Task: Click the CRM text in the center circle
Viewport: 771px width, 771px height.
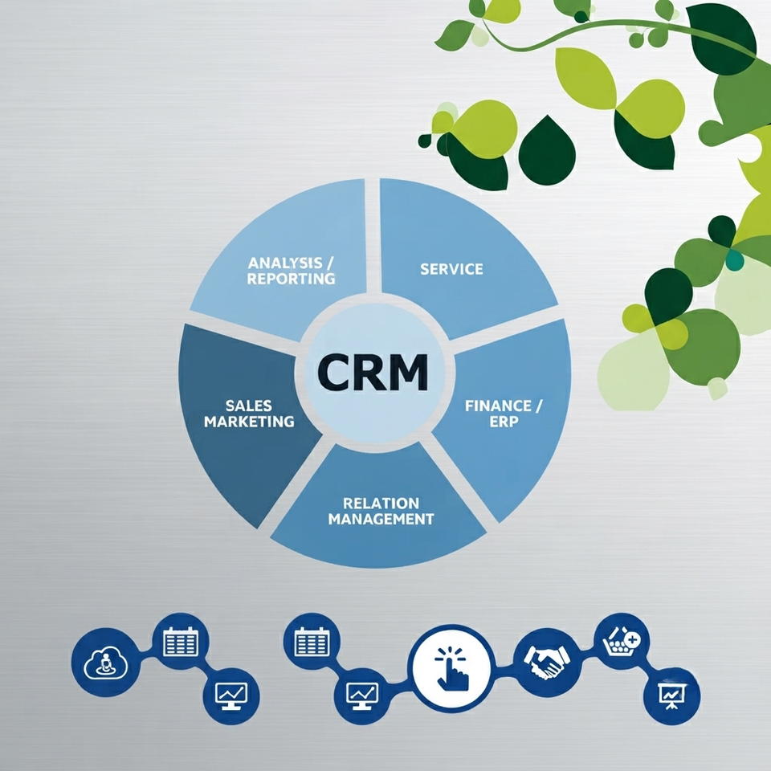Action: tap(372, 372)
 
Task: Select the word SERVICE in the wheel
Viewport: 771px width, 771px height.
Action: tap(451, 269)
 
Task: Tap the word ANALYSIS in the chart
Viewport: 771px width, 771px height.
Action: tap(284, 263)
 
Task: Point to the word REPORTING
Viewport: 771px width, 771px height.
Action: tap(291, 279)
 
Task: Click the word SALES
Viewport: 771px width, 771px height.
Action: tap(249, 406)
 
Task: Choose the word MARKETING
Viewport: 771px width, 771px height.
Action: tap(249, 422)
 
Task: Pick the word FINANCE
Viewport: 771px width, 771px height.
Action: tap(498, 406)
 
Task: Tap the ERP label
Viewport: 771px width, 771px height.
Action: tap(504, 422)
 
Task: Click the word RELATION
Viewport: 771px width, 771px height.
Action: tap(381, 503)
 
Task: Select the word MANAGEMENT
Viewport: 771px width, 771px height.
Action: tap(381, 519)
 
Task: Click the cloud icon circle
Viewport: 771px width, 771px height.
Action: tap(106, 662)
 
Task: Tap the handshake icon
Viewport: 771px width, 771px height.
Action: tap(547, 662)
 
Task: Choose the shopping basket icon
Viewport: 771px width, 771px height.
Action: tap(622, 640)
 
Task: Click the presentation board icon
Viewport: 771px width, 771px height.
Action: tap(671, 696)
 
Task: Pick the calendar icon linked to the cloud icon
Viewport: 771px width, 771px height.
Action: tap(181, 641)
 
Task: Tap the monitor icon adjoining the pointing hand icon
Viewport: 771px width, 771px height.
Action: tap(362, 696)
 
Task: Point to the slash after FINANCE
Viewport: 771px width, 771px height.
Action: tap(537, 406)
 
